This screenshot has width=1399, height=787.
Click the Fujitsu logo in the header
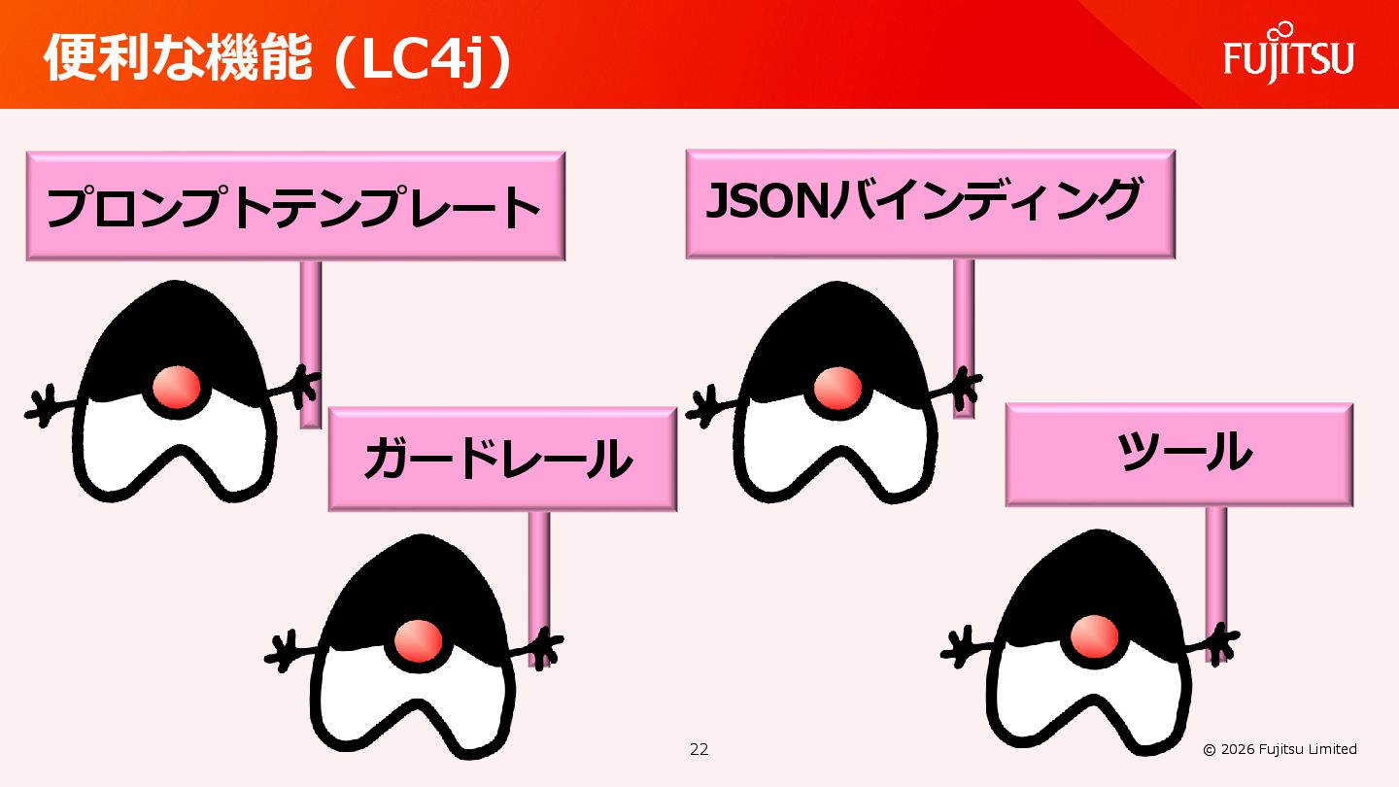(1288, 54)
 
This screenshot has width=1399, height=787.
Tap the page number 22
(699, 749)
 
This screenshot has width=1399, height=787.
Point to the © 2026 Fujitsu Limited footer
(1280, 749)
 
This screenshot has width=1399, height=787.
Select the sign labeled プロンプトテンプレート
(295, 206)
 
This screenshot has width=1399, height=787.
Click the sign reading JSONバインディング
(930, 204)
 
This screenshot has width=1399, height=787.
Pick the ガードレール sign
(501, 459)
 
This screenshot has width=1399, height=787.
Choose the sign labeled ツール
(1178, 454)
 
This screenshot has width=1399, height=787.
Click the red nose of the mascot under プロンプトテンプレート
(177, 387)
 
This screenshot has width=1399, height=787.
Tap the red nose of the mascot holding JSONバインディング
(836, 387)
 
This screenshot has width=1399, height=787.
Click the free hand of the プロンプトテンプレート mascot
(41, 406)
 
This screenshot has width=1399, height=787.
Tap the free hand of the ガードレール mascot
(284, 651)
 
